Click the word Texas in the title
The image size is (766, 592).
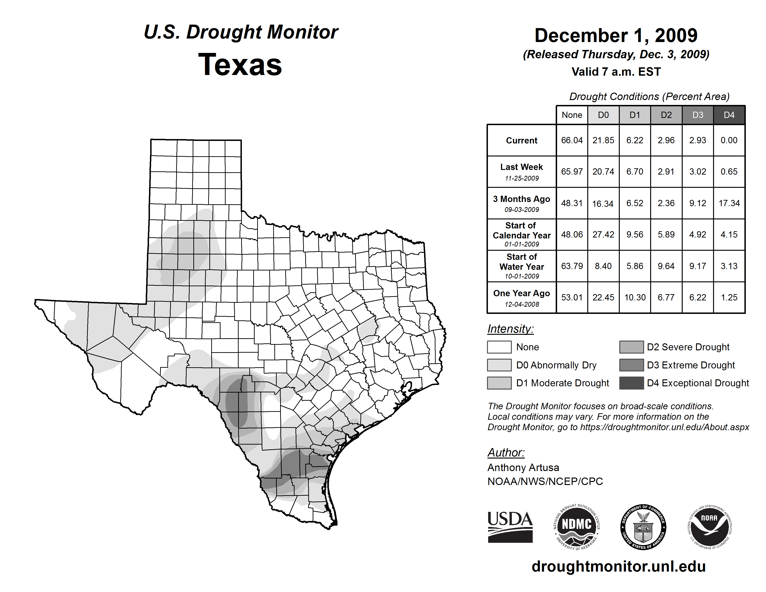click(x=240, y=65)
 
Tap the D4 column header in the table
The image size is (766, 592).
click(x=729, y=115)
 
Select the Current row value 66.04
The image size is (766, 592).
click(x=572, y=140)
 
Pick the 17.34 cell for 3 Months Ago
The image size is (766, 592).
click(x=729, y=203)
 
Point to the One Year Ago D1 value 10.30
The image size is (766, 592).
click(x=635, y=297)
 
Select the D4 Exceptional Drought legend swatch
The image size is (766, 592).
click(x=631, y=383)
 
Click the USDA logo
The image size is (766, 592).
click(x=510, y=527)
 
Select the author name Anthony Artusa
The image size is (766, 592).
click(x=523, y=468)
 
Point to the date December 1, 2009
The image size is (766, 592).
click(x=616, y=36)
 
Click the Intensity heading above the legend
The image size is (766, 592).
click(x=510, y=329)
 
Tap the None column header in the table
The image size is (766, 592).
click(x=572, y=115)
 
